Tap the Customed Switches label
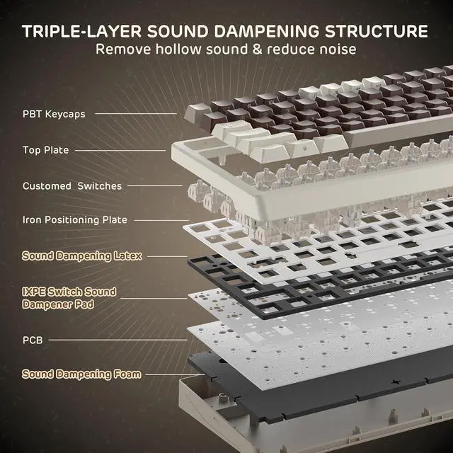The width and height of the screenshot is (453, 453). [72, 186]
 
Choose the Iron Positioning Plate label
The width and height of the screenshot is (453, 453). [75, 220]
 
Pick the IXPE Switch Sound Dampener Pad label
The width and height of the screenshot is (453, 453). [69, 297]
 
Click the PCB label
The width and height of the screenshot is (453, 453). [32, 340]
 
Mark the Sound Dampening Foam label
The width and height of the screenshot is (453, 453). [81, 374]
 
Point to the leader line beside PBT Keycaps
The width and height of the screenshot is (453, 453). [135, 113]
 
